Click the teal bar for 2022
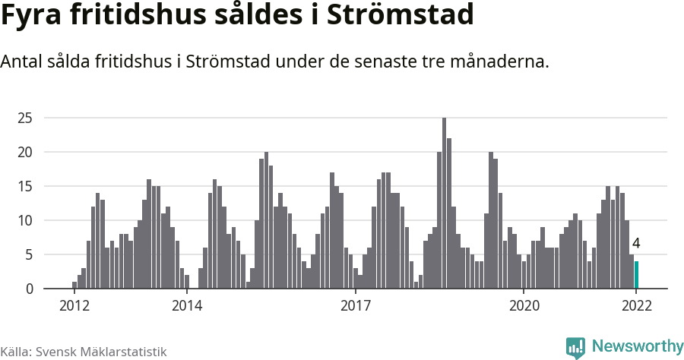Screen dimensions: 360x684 636,275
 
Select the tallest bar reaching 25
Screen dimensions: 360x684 444,204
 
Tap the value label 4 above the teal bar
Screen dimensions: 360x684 636,244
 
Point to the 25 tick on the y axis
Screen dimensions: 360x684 25,118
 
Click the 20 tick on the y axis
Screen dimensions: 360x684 25,152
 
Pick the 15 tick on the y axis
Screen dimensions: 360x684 25,186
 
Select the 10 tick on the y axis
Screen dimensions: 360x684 25,220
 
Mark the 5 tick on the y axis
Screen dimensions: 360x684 29,254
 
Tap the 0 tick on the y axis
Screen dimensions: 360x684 29,289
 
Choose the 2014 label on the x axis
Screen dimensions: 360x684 187,306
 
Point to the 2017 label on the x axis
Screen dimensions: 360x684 355,306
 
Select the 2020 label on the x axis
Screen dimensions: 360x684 524,306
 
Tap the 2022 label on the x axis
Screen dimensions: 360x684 636,306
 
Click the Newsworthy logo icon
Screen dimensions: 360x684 575,348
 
